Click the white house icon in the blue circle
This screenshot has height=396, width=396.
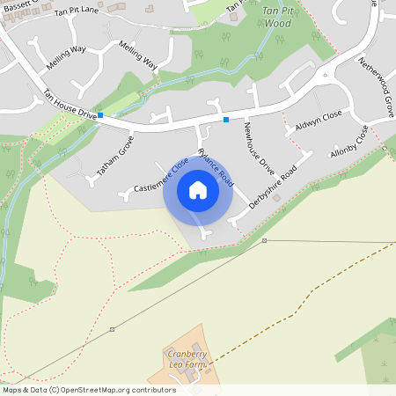tap(198, 190)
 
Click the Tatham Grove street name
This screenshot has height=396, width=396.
tap(114, 157)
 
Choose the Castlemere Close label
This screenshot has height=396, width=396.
tap(161, 175)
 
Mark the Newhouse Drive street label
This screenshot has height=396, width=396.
tap(261, 147)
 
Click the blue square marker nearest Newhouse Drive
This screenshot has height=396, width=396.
tap(226, 119)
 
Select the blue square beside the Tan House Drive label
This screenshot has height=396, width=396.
tap(100, 115)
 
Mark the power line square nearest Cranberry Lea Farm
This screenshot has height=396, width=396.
tap(112, 329)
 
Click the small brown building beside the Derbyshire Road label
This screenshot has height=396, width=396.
tap(276, 199)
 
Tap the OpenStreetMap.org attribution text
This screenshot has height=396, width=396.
tap(126, 390)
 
